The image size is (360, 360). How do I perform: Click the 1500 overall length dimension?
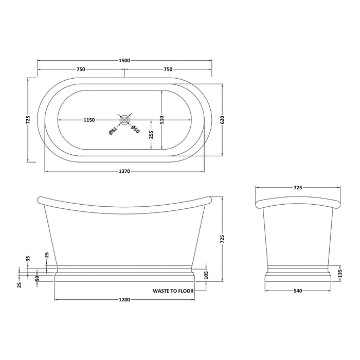tap(124, 60)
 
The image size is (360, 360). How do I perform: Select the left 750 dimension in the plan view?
tap(81, 69)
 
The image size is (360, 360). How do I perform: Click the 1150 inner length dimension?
tap(88, 120)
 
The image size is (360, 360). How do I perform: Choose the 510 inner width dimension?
tap(161, 120)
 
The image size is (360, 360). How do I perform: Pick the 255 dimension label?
tap(150, 135)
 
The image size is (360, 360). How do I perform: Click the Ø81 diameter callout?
tap(113, 131)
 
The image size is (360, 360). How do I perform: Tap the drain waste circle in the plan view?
tap(124, 120)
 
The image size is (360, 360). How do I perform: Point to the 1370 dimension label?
tap(124, 171)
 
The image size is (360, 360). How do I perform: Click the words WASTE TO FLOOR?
tap(173, 291)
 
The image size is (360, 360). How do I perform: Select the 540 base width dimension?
tap(297, 291)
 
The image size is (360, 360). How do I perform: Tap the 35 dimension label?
tap(28, 259)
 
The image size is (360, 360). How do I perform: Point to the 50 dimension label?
tap(37, 278)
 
